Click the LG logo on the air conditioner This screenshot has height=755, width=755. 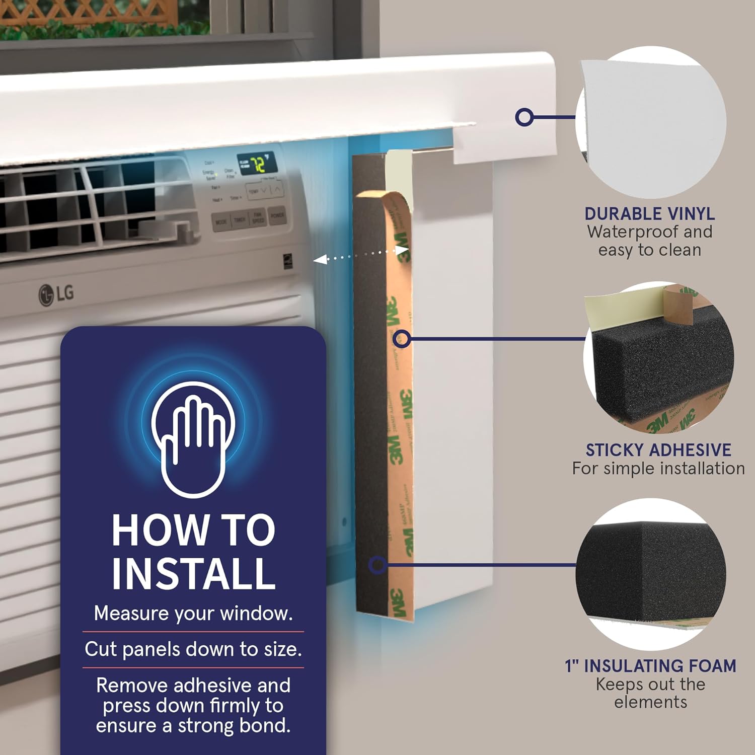pyautogui.click(x=56, y=294)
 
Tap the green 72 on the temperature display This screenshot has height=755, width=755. pyautogui.click(x=259, y=164)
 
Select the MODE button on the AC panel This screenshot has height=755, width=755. pyautogui.click(x=221, y=222)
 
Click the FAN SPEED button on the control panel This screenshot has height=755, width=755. pyautogui.click(x=258, y=217)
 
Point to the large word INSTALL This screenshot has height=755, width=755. pyautogui.click(x=193, y=573)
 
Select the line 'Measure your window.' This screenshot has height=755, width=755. pyautogui.click(x=193, y=614)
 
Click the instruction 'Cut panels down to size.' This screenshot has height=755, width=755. pyautogui.click(x=193, y=649)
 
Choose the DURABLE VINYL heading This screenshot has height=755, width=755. pyautogui.click(x=649, y=214)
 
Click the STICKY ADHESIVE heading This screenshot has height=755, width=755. pyautogui.click(x=658, y=450)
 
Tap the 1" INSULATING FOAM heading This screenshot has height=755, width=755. pyautogui.click(x=650, y=666)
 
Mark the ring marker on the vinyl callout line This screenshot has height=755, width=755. pyautogui.click(x=524, y=117)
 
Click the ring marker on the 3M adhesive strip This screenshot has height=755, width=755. pyautogui.click(x=401, y=339)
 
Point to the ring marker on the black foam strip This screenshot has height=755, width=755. pyautogui.click(x=377, y=565)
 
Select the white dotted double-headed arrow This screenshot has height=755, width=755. pyautogui.click(x=360, y=255)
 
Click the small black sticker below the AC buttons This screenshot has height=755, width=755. pyautogui.click(x=288, y=262)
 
